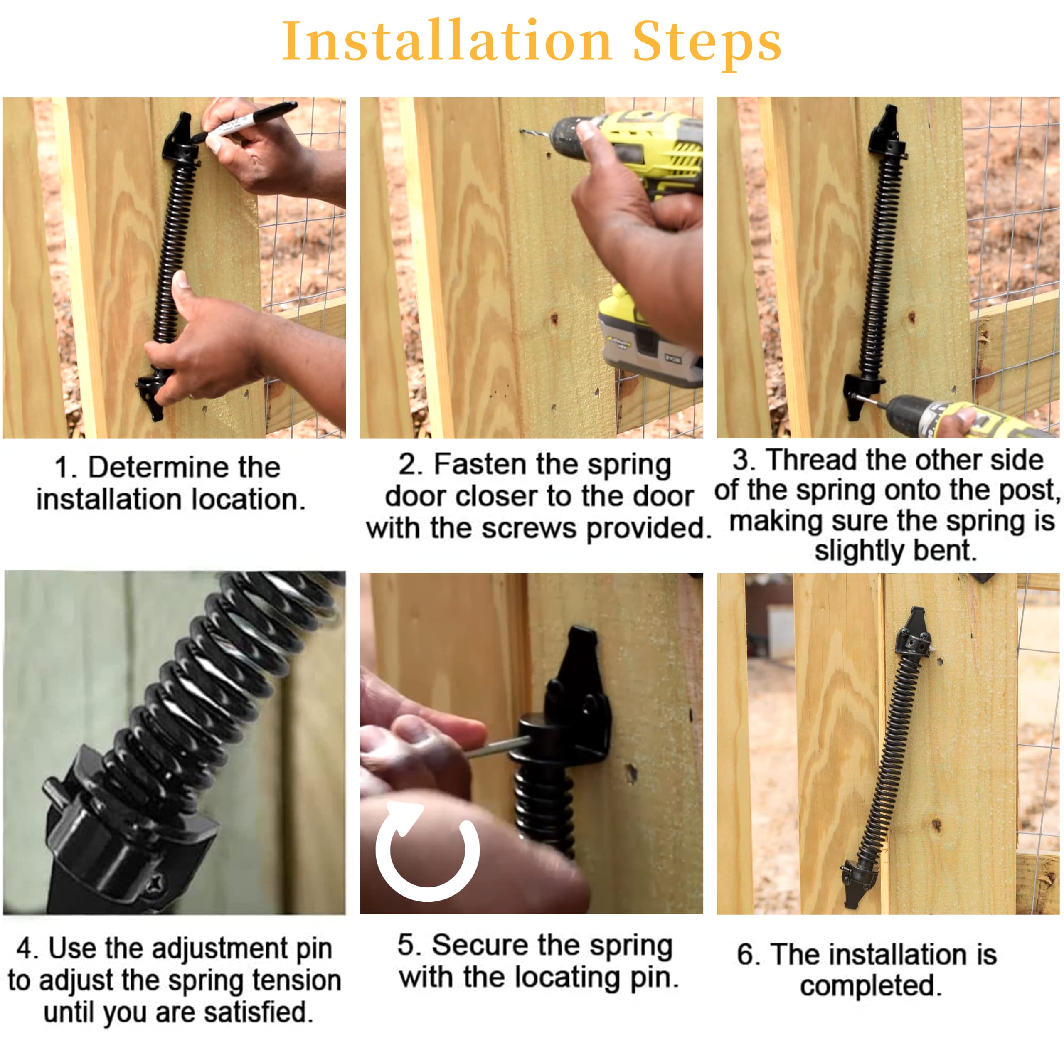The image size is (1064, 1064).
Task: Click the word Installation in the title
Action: coord(447,41)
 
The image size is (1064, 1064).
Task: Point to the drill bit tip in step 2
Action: coord(521,131)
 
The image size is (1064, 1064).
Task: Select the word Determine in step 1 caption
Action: coord(184,468)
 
